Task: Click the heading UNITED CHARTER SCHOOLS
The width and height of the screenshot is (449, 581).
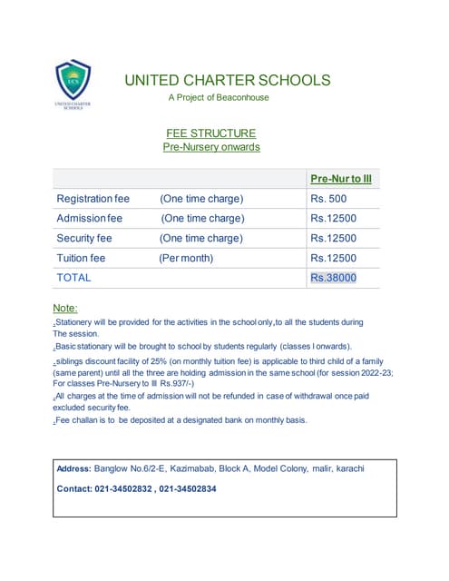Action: tap(228, 80)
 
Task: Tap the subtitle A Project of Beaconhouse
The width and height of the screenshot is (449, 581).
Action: tap(219, 97)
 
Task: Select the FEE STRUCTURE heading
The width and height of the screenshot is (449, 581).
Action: tap(210, 133)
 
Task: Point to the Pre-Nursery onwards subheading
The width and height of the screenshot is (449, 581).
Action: tap(211, 146)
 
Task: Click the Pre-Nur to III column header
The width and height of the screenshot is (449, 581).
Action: tap(341, 179)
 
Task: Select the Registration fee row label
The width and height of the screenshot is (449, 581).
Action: tap(93, 199)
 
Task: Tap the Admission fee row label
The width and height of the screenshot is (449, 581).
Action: tap(89, 219)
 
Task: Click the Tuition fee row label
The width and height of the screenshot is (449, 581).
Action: tap(81, 259)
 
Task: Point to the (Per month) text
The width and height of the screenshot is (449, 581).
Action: tap(186, 259)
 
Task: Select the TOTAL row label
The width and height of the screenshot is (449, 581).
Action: tap(73, 278)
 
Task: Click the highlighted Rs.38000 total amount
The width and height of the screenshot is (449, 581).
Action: tap(334, 278)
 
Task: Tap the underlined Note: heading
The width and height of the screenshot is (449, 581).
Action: tap(65, 309)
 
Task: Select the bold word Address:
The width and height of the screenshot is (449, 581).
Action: tap(73, 468)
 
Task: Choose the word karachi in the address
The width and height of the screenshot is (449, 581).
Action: tap(347, 468)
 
